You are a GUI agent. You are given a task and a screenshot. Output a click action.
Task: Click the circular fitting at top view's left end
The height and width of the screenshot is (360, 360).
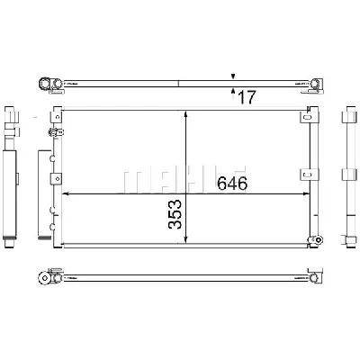point(41,85)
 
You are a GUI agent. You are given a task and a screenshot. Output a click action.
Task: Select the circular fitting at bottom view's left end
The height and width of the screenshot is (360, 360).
point(41,279)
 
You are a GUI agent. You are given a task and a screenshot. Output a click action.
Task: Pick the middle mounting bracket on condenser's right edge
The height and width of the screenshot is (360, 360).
point(311,174)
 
